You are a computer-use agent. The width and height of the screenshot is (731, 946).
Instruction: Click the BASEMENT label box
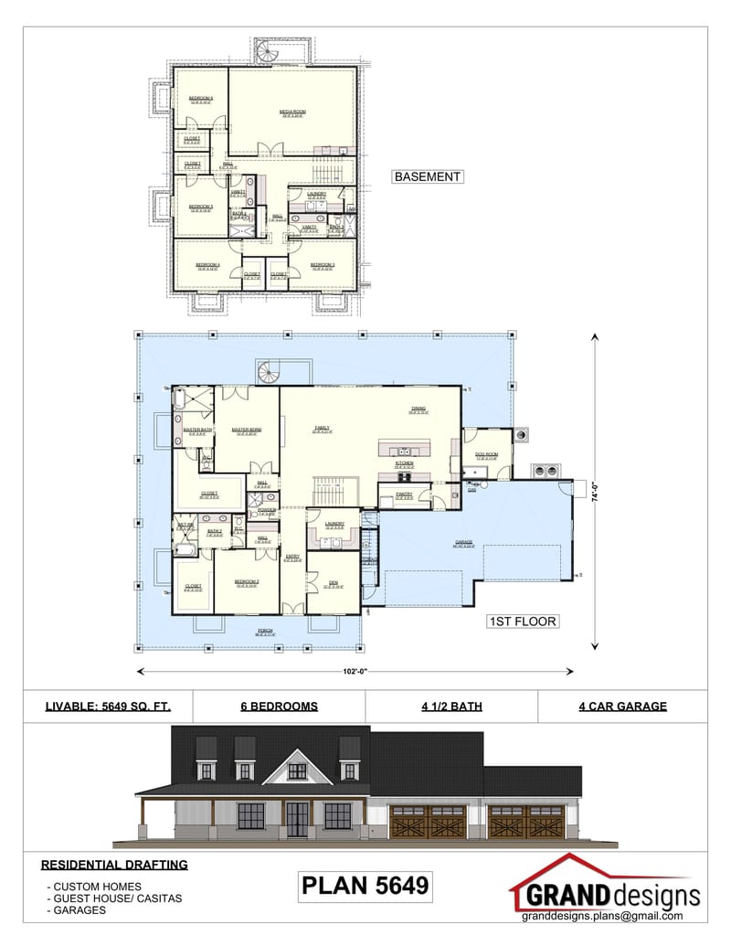[427, 176]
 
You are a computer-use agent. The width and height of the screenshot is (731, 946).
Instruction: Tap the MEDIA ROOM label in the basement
[292, 112]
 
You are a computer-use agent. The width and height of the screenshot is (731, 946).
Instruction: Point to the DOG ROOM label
[486, 454]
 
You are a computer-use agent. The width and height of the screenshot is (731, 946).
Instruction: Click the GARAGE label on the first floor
[464, 542]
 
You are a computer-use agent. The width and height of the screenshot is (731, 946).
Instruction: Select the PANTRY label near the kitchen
[404, 494]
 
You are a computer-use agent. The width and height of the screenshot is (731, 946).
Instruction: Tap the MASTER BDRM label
[247, 430]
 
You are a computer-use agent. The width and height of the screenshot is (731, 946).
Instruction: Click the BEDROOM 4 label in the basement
[207, 264]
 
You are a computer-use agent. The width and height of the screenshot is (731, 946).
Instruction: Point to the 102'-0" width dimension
[356, 672]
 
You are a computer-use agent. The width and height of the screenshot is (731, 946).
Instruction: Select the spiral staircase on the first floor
[268, 372]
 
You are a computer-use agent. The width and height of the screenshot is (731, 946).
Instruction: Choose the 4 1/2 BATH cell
[451, 706]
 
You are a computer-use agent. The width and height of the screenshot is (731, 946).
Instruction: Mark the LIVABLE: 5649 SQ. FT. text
[107, 706]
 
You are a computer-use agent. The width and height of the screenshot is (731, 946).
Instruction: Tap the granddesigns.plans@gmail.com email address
[603, 916]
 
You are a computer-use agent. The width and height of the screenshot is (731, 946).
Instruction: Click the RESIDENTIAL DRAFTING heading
[114, 864]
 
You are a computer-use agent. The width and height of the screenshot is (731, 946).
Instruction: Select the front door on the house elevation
[297, 818]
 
